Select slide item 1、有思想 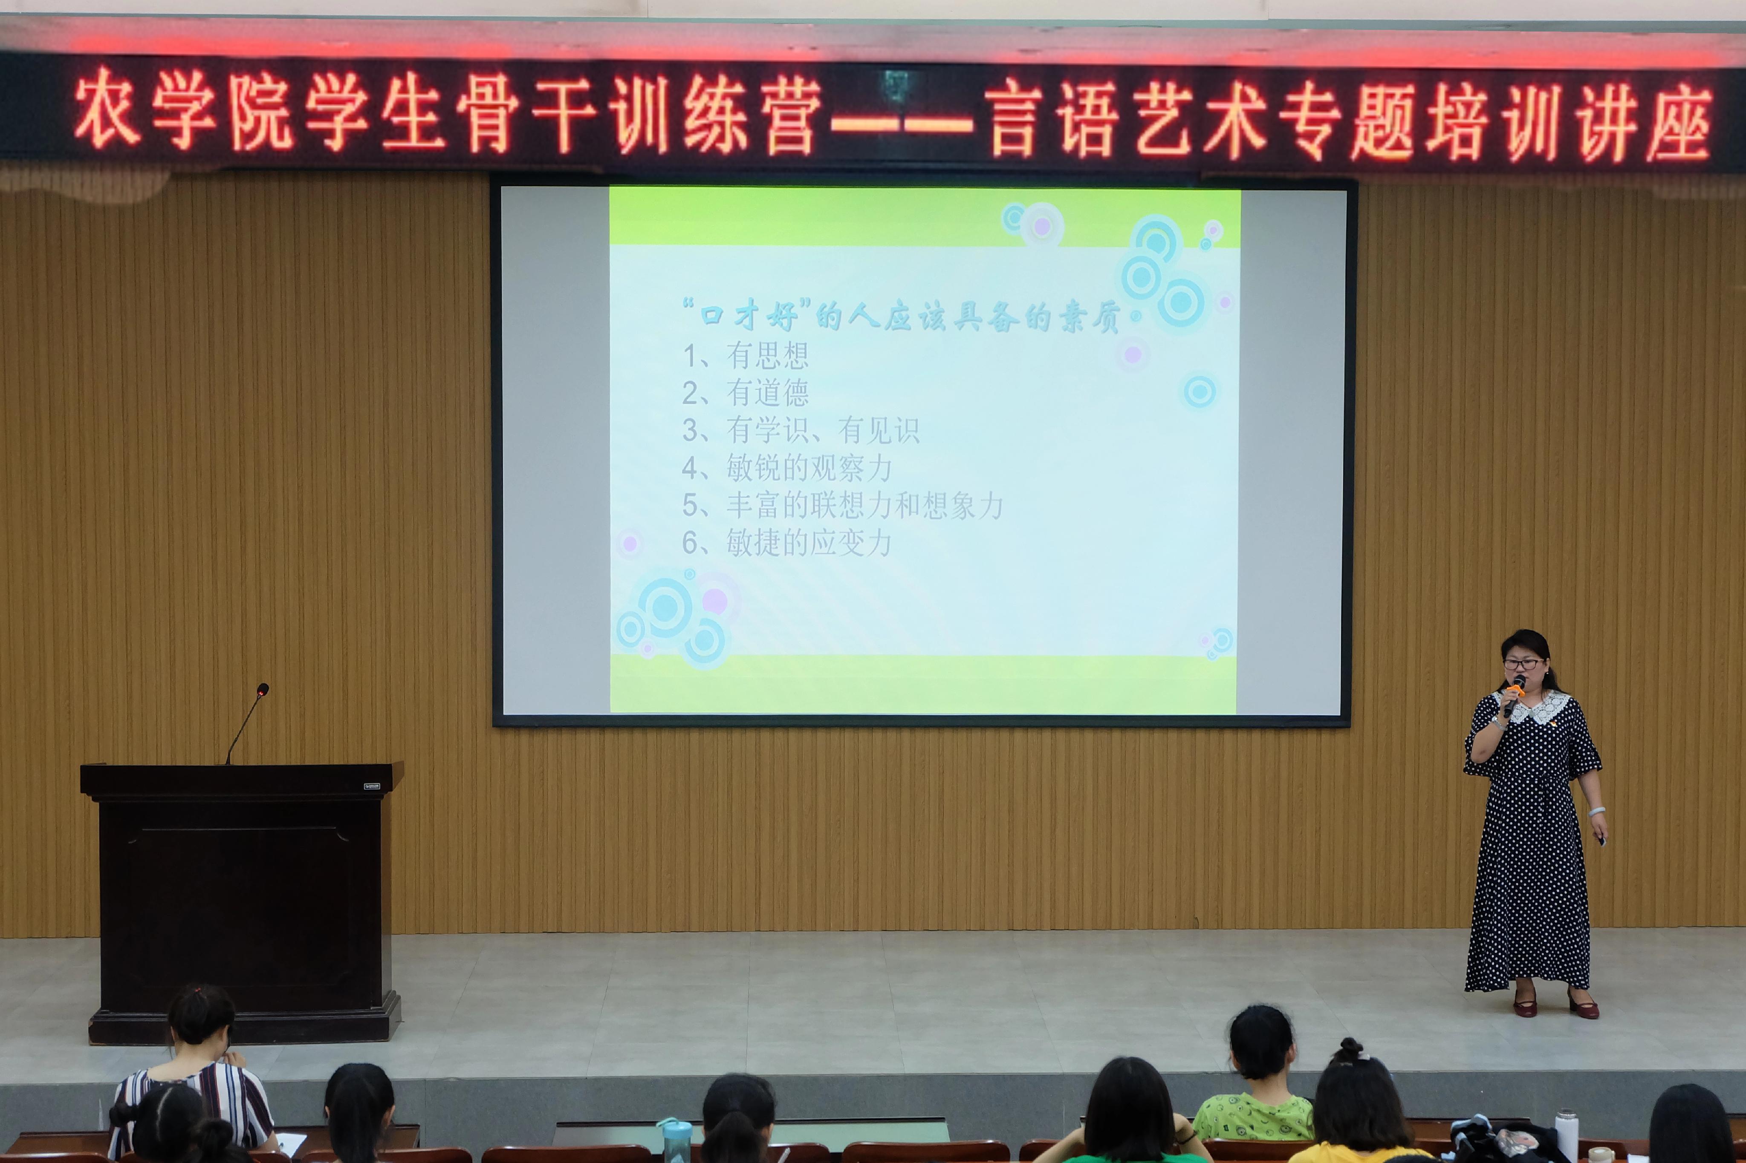(745, 356)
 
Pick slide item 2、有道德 (745, 393)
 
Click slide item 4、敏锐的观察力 (786, 468)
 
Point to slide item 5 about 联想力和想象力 (842, 506)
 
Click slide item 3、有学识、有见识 (801, 430)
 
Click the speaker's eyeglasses (1522, 664)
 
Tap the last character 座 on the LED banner (1679, 122)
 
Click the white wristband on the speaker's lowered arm (1596, 812)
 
